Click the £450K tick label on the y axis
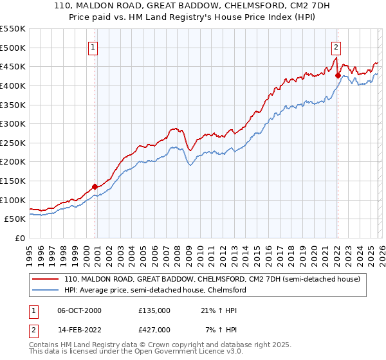pos(13,66)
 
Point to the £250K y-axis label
pos(13,143)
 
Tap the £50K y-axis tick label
pos(15,219)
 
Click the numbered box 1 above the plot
pos(94,46)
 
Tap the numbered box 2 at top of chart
pos(336,46)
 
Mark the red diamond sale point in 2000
pos(95,186)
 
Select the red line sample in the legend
pos(45,280)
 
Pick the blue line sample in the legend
pos(45,290)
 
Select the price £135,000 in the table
pos(154,310)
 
